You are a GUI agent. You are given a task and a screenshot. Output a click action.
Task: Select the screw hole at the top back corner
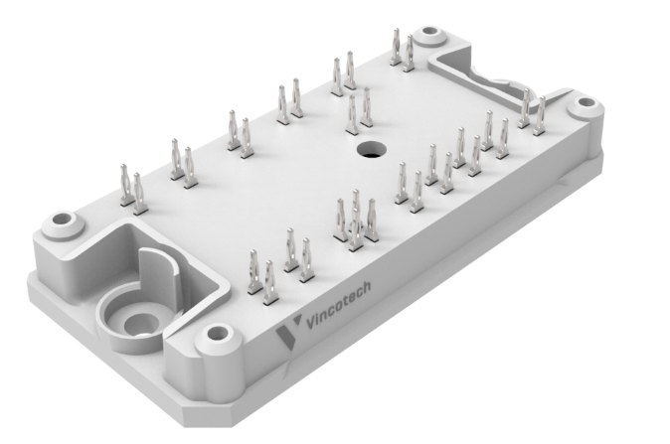[x=429, y=35]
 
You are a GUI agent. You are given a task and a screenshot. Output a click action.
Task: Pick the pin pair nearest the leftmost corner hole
[x=130, y=185]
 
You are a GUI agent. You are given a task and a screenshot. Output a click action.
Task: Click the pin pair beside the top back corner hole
[x=402, y=50]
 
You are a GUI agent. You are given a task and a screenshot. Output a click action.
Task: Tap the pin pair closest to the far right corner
[x=532, y=111]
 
